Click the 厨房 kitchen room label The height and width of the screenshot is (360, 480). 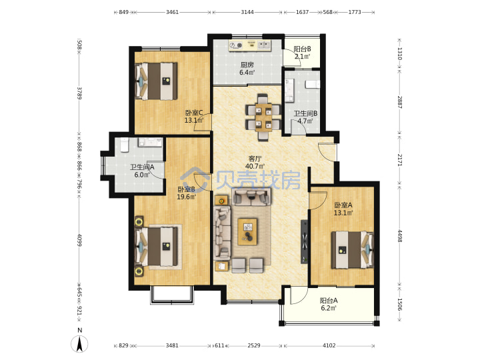(247, 65)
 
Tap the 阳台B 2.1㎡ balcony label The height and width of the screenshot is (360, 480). (302, 53)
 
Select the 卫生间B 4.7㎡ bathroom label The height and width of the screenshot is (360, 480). (305, 117)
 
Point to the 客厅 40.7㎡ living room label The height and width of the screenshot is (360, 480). (255, 162)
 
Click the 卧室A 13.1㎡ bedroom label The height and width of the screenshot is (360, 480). (343, 209)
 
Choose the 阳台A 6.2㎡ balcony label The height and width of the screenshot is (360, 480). (329, 304)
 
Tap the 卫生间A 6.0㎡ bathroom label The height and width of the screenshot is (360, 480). (142, 171)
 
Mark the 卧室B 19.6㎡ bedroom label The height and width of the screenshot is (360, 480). (187, 193)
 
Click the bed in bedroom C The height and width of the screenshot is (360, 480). (157, 81)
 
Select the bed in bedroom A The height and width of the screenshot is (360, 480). (353, 250)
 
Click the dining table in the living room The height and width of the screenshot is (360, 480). (263, 117)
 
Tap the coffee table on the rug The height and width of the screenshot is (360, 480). (247, 232)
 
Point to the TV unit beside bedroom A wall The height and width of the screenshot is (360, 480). (305, 241)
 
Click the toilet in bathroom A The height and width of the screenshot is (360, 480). (124, 145)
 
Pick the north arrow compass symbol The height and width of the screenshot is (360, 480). (79, 343)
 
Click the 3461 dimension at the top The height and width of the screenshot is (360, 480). (173, 12)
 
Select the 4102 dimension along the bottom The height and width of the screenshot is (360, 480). (329, 345)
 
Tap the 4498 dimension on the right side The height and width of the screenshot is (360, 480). (400, 236)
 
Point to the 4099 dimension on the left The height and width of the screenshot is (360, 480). (79, 240)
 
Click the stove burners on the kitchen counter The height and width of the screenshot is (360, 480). (236, 45)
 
